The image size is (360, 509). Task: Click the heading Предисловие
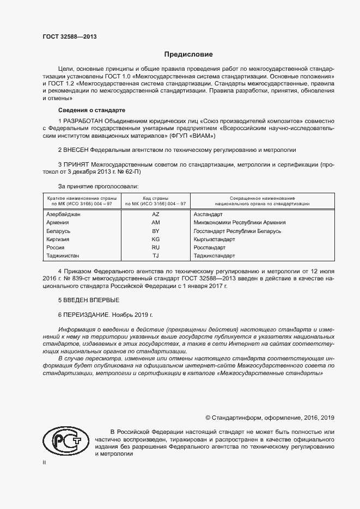188,54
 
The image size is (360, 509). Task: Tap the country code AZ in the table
155,214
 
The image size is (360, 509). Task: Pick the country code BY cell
155,231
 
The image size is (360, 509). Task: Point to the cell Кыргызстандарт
214,239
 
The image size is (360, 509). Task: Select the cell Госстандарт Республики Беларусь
237,231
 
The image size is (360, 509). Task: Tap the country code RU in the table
155,247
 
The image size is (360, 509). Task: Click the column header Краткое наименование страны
80,198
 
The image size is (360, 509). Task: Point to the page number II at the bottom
45,462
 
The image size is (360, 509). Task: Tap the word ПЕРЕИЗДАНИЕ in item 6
87,315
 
